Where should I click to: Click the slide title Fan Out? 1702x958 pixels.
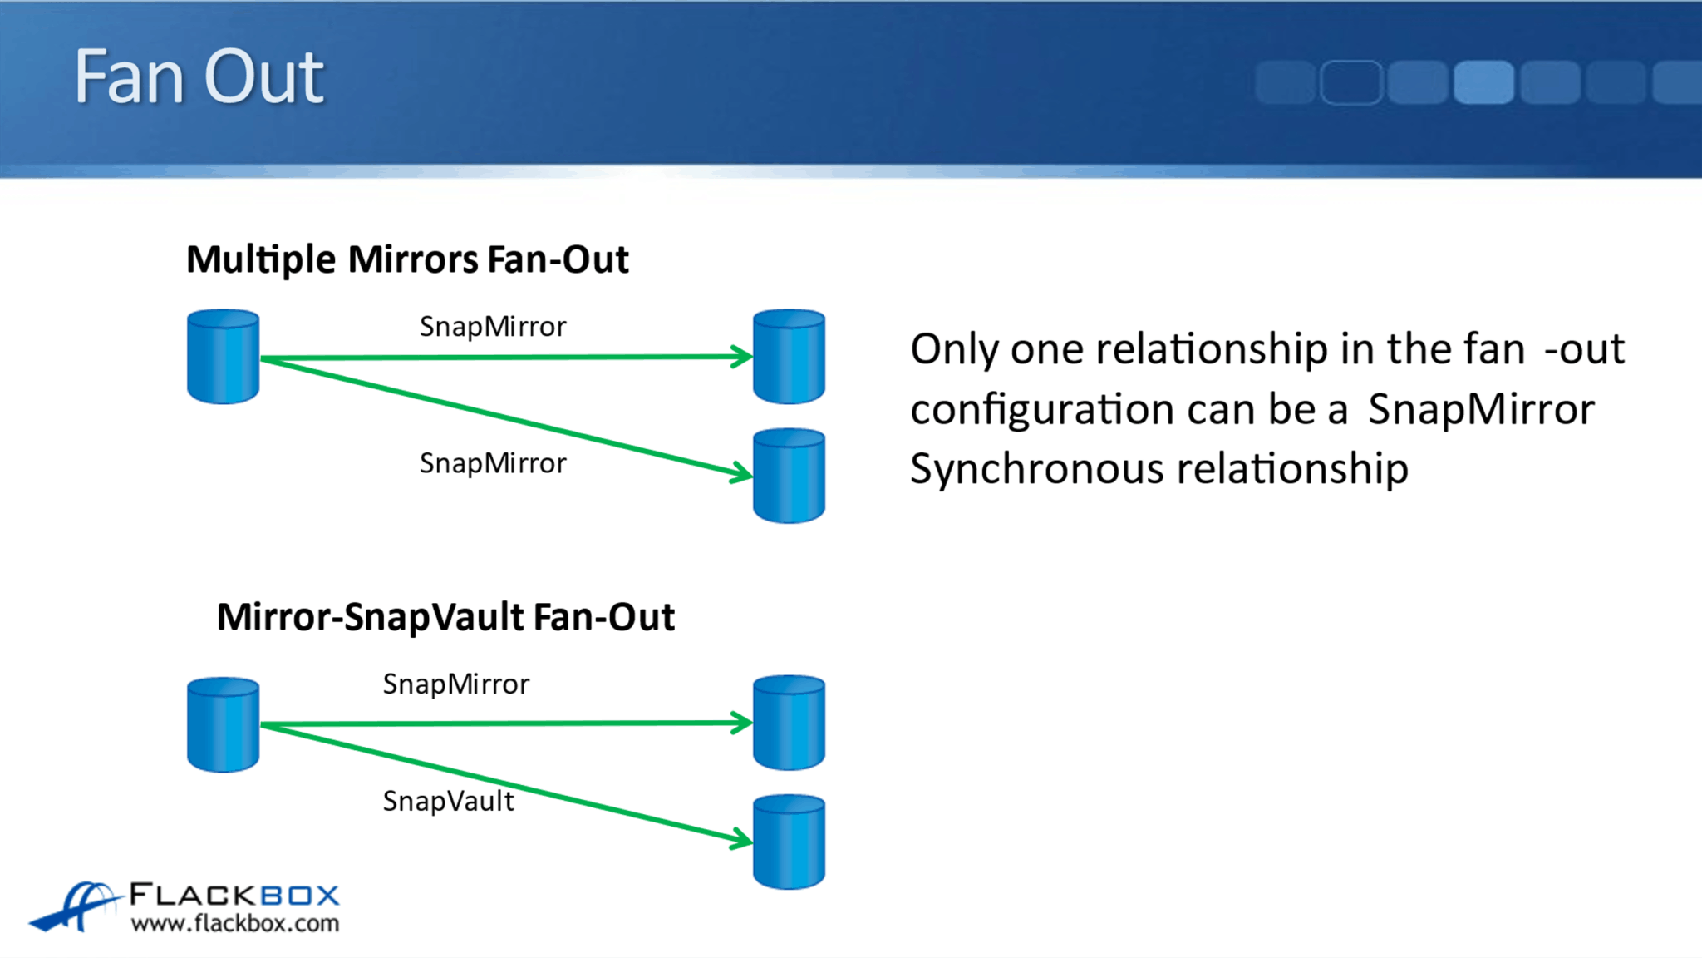(x=199, y=77)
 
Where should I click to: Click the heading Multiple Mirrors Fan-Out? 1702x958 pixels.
(x=407, y=259)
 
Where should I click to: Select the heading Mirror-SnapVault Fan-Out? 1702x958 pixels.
(x=445, y=617)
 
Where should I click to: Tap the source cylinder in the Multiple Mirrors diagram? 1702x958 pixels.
(x=223, y=357)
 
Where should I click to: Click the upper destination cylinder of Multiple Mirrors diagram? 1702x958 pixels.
(x=789, y=357)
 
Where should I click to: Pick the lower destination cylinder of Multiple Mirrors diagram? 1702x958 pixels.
(x=789, y=476)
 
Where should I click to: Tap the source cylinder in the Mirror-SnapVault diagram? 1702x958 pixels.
(x=223, y=724)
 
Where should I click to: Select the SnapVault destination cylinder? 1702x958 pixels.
(x=789, y=842)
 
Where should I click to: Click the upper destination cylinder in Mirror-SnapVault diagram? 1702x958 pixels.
(x=789, y=723)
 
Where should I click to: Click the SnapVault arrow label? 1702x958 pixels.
(x=448, y=801)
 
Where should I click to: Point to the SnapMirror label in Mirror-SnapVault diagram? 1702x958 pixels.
(x=455, y=684)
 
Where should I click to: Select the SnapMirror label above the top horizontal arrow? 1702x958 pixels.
(x=493, y=327)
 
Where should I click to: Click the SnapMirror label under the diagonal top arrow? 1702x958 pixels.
(x=493, y=463)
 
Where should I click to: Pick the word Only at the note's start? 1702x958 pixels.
(x=953, y=348)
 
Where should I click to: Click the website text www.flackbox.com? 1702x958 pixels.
(x=235, y=923)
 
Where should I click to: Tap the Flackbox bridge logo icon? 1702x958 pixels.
(x=75, y=906)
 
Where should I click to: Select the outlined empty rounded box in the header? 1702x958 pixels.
(x=1350, y=82)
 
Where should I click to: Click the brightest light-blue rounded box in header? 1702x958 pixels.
(x=1483, y=82)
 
